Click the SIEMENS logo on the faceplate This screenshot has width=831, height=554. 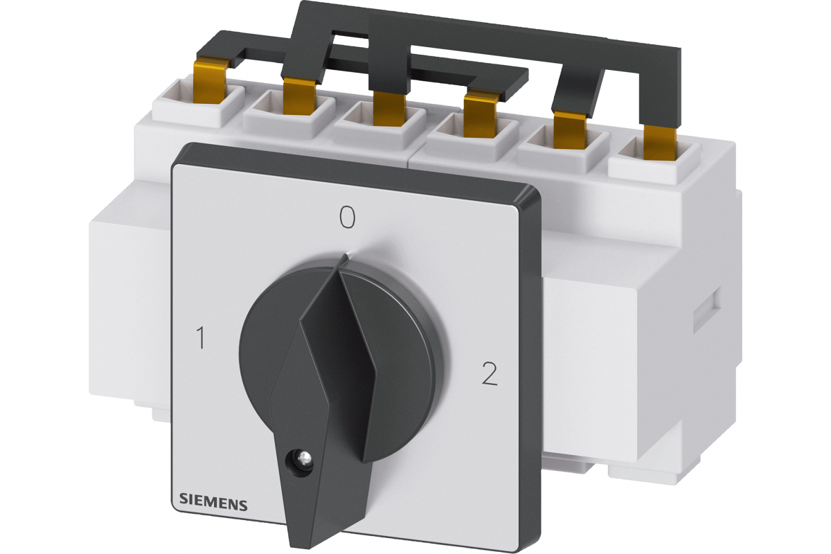[213, 505]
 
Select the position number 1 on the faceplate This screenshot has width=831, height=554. [201, 338]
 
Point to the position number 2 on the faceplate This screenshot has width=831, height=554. [489, 373]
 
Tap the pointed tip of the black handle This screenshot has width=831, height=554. [346, 256]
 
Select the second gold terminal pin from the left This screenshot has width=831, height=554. [299, 96]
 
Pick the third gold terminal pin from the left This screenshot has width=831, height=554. [389, 109]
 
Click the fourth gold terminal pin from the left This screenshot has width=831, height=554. [481, 116]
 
